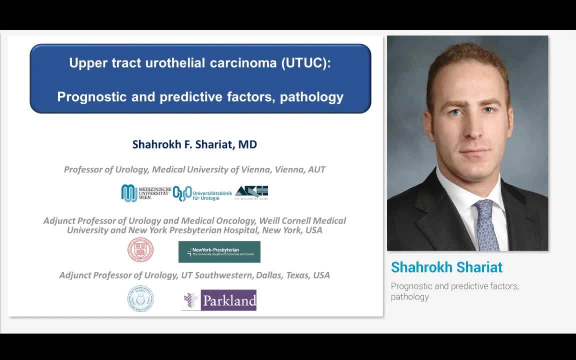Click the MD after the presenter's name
coord(247,144)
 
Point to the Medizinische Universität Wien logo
coord(145,193)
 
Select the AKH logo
coord(251,192)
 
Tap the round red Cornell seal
coord(140,250)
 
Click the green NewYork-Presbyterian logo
coord(219,251)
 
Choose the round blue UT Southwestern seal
coord(140,298)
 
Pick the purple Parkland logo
coord(219,300)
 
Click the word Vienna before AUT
coord(289,169)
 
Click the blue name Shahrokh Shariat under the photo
coord(446,267)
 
